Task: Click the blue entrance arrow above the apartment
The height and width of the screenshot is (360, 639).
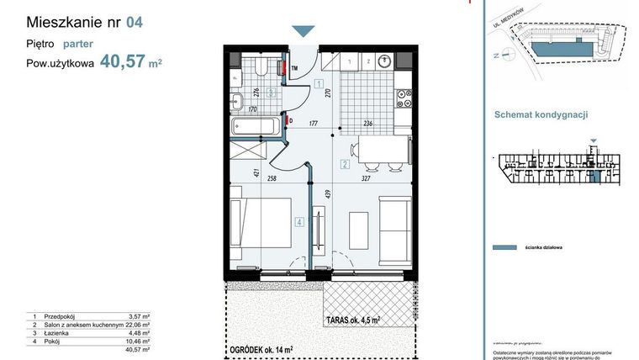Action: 304,31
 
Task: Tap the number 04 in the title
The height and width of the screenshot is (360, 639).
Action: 134,22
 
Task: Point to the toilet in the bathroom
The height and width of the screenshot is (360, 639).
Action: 261,67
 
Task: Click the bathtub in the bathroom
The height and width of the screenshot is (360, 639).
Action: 256,128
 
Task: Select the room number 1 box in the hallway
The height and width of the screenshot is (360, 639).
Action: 319,82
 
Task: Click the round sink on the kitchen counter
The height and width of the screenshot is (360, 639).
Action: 384,61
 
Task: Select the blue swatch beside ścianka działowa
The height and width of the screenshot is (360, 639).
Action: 503,247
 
